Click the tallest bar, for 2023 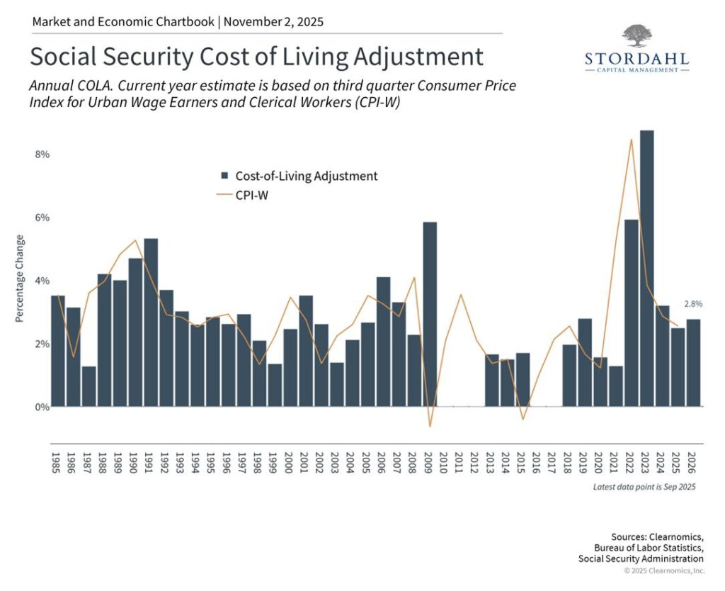(x=646, y=269)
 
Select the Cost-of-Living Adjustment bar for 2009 (x=430, y=314)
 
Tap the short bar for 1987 (x=89, y=386)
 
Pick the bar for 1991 (x=151, y=322)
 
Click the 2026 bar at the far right (x=693, y=363)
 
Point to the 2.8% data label (x=693, y=304)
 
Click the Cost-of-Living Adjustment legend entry (x=299, y=176)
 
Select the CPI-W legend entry (x=243, y=196)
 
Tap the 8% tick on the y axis (x=42, y=154)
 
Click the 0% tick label (x=42, y=407)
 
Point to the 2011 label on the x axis (x=458, y=463)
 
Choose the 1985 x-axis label (x=55, y=463)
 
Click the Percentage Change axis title (x=19, y=278)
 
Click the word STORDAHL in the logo (x=636, y=59)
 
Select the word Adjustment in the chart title (x=418, y=57)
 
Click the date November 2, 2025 (x=274, y=22)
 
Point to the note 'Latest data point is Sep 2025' (x=644, y=487)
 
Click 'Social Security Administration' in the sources (x=641, y=558)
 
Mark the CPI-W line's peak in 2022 (x=631, y=140)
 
